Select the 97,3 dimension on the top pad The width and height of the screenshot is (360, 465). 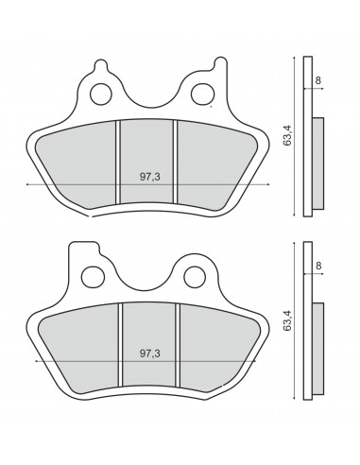(x=150, y=177)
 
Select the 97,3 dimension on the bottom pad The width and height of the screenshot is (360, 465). (x=150, y=353)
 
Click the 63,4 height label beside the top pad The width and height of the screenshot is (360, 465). (x=287, y=135)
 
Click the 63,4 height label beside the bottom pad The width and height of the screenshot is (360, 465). (x=287, y=320)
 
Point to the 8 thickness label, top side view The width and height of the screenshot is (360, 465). (x=318, y=80)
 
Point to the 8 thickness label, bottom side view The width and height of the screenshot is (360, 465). (x=318, y=266)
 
